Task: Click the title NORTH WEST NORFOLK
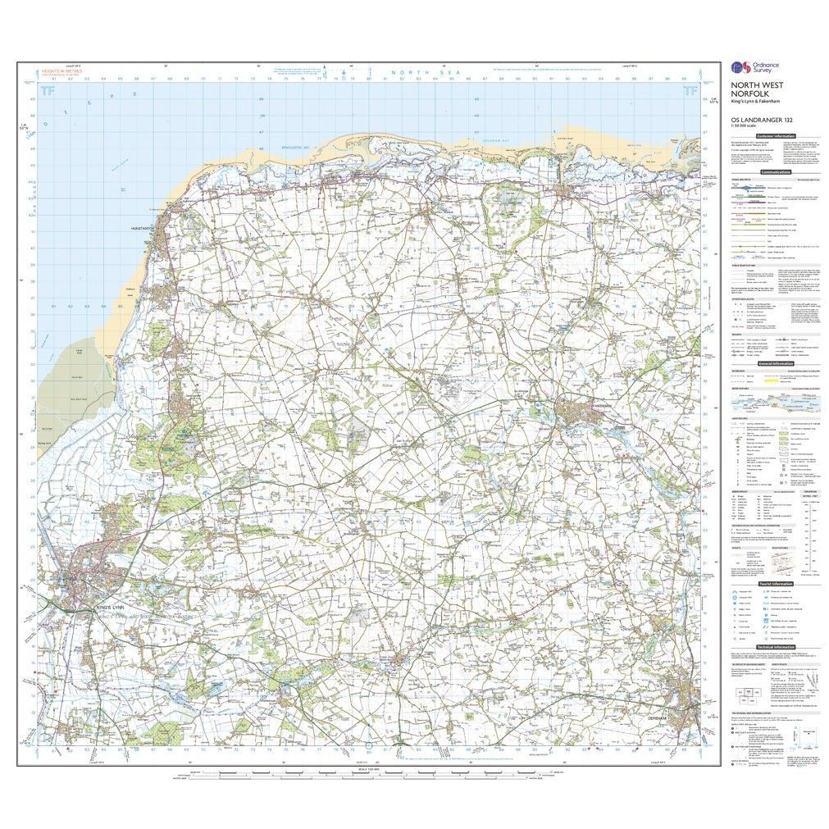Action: [752, 98]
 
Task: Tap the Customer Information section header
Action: [775, 136]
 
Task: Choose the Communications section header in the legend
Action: [775, 173]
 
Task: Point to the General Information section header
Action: [775, 362]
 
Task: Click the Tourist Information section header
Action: [775, 584]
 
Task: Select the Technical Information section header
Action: [775, 647]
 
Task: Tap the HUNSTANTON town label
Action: [142, 229]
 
